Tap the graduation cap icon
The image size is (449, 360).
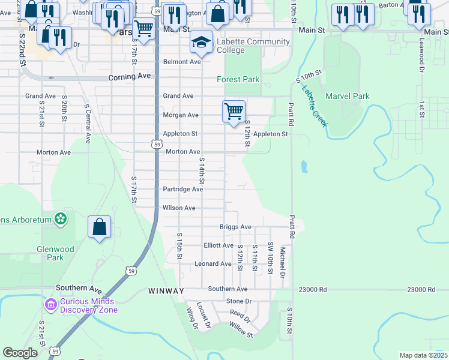click(x=202, y=42)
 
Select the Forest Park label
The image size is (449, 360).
click(x=238, y=79)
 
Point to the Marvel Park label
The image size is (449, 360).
click(x=348, y=96)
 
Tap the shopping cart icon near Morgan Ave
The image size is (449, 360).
click(x=234, y=111)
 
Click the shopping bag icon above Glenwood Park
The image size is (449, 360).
click(x=100, y=227)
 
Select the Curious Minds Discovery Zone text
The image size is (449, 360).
click(x=88, y=305)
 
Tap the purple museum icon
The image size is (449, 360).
click(x=50, y=305)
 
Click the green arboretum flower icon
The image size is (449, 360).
click(x=60, y=219)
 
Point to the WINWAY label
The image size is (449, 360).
click(x=166, y=291)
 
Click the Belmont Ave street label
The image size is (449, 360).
click(x=182, y=62)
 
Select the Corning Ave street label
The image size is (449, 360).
click(x=130, y=77)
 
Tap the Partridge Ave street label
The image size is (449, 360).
click(x=183, y=189)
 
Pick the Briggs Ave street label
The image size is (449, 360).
click(x=235, y=227)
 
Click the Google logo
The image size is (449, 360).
click(x=20, y=353)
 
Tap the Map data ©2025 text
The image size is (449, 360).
click(x=423, y=355)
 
